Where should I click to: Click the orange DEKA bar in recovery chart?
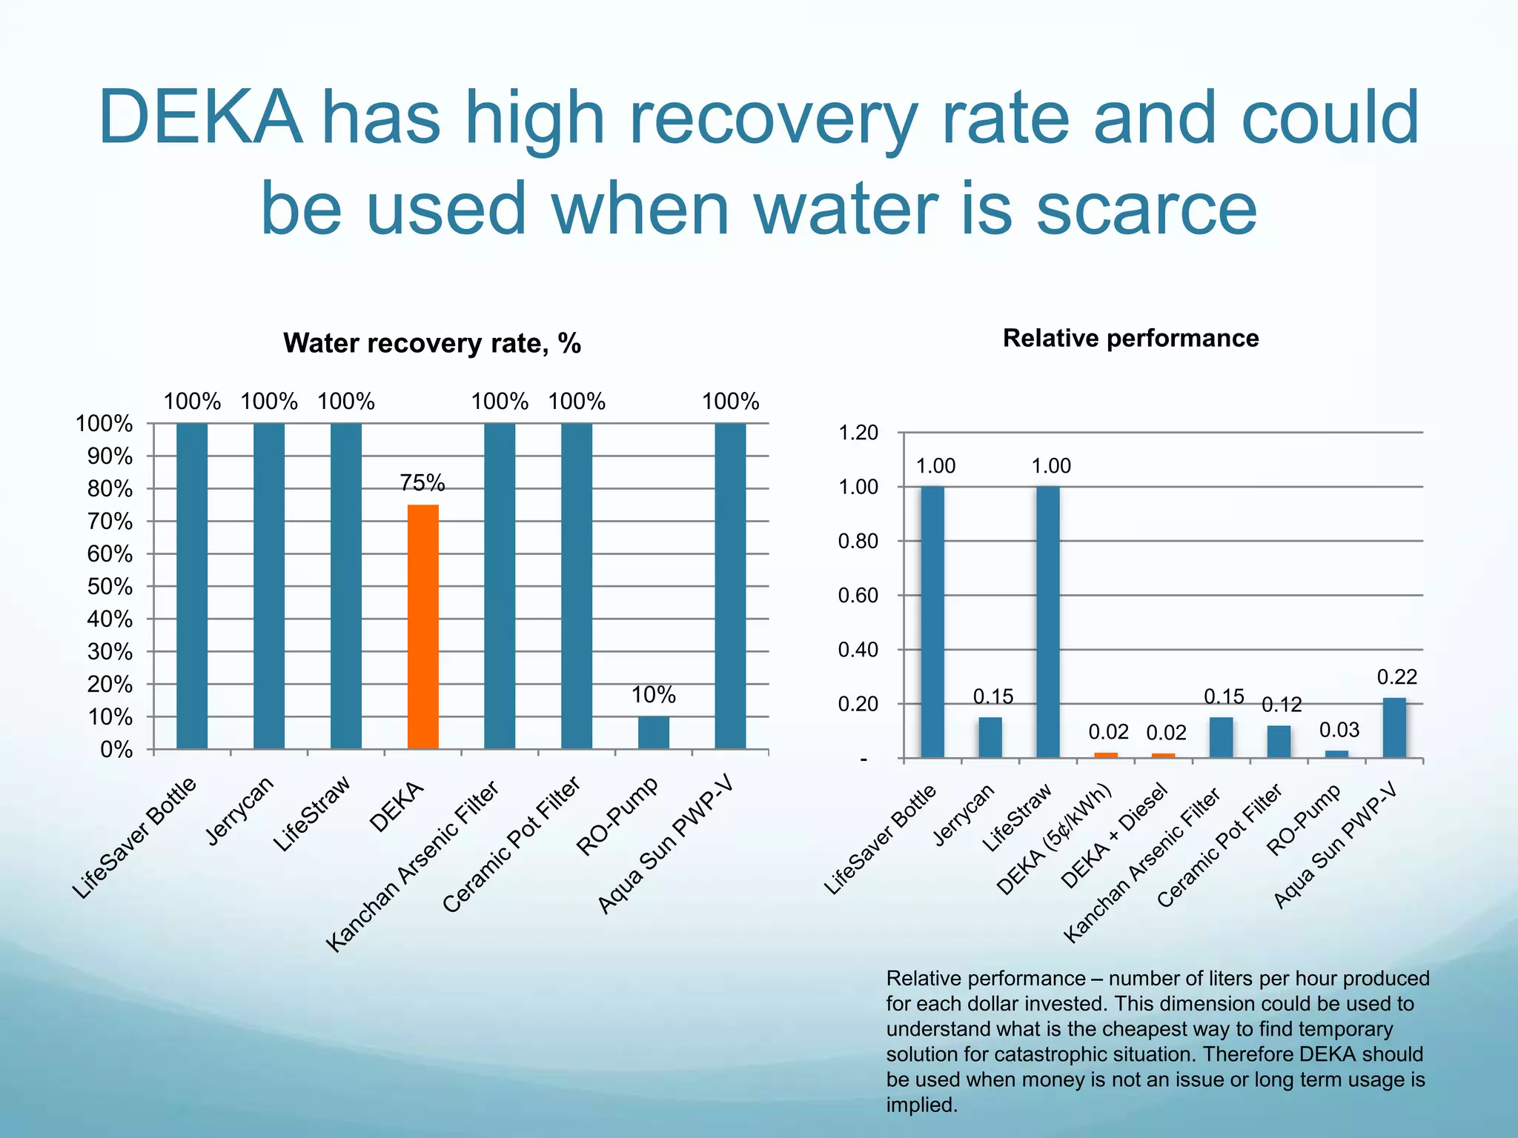coord(422,626)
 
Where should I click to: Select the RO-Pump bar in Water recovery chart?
coord(653,732)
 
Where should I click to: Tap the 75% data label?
coord(422,483)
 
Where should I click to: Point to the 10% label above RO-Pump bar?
coord(653,695)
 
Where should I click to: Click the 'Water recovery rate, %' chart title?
coord(432,343)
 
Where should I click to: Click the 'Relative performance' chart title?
coord(1130,338)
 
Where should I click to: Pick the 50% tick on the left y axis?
coord(110,587)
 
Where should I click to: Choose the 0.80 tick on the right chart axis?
coord(858,542)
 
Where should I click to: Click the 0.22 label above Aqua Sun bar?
coord(1396,677)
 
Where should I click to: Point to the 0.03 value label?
coord(1339,731)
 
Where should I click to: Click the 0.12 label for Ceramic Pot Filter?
coord(1282,705)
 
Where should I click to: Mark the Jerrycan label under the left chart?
coord(240,811)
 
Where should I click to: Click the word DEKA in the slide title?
coord(200,119)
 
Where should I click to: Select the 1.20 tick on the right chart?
coord(858,433)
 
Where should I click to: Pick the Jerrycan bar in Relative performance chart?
coord(990,736)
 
